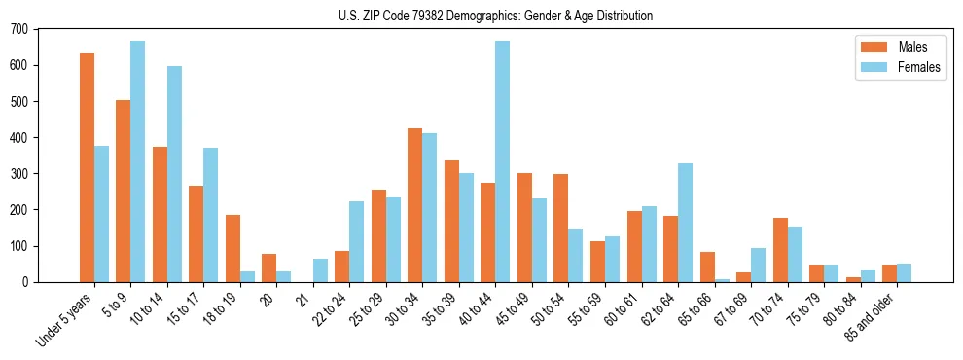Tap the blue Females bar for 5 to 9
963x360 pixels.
138,162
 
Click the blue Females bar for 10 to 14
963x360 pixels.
174,174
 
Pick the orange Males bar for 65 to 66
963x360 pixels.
707,267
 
